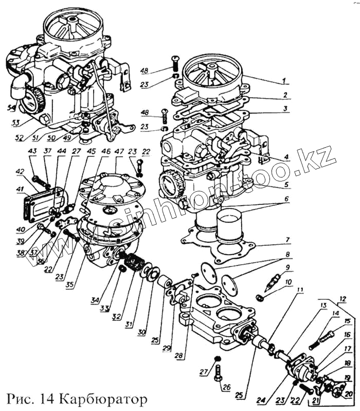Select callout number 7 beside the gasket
tap(289, 240)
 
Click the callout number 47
tap(119, 153)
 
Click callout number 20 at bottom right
tap(349, 394)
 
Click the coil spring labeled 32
tap(136, 264)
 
